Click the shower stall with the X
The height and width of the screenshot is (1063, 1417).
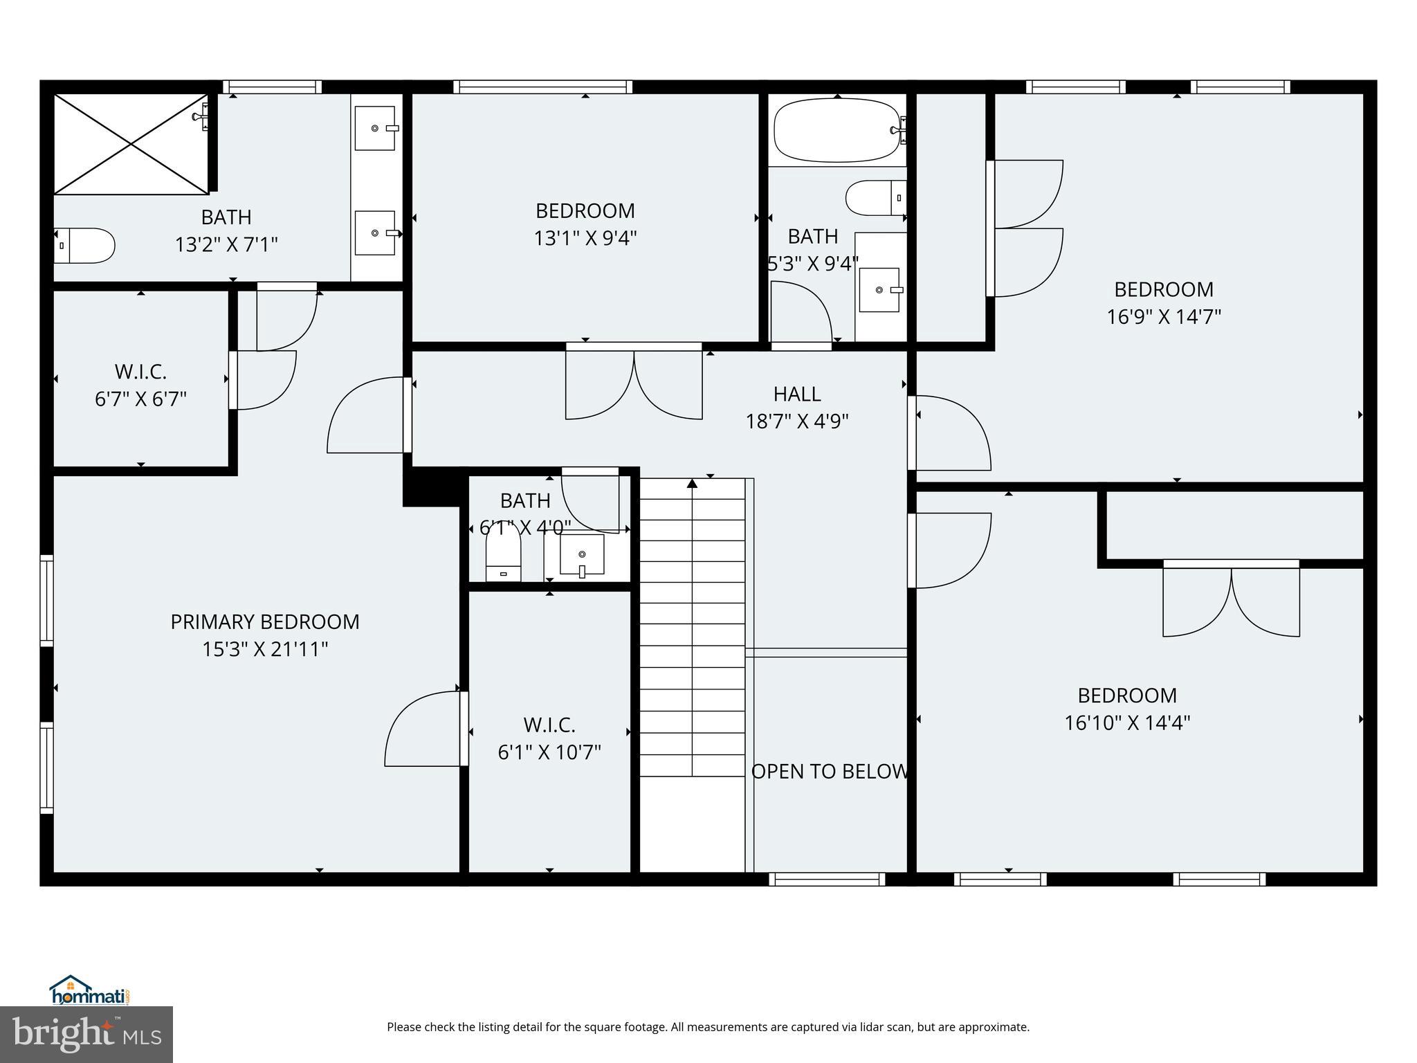tap(131, 144)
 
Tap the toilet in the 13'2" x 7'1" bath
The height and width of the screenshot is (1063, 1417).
tap(84, 246)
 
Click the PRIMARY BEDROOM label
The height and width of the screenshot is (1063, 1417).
tap(265, 622)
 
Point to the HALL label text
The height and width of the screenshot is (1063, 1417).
tap(797, 394)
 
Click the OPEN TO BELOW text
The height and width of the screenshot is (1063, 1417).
tap(829, 772)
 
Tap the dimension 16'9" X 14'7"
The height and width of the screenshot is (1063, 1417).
tap(1164, 317)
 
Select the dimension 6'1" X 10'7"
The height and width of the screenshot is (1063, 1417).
tap(549, 752)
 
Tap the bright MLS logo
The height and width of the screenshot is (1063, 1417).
tap(86, 1034)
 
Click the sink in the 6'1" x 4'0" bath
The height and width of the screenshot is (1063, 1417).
tap(582, 554)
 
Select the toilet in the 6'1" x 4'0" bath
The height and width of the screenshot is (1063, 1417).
tap(503, 552)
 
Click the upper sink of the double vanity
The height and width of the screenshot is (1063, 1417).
tap(376, 128)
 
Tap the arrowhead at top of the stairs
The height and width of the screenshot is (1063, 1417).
tap(692, 483)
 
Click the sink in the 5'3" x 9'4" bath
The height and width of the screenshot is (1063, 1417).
tap(879, 290)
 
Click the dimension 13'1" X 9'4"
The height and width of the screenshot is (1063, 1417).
tap(585, 239)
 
